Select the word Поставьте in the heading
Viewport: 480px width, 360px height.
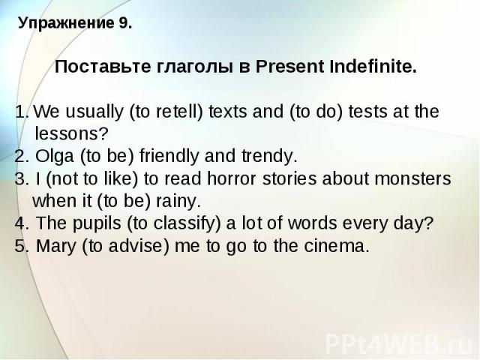coord(103,67)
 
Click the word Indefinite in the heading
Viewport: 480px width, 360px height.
coord(373,66)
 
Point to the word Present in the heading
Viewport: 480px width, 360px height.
coord(289,67)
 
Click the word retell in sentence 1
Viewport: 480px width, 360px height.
coord(175,111)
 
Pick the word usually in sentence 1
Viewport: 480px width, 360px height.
coord(94,112)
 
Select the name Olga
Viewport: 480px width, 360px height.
coord(55,157)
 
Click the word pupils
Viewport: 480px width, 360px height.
coord(97,224)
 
